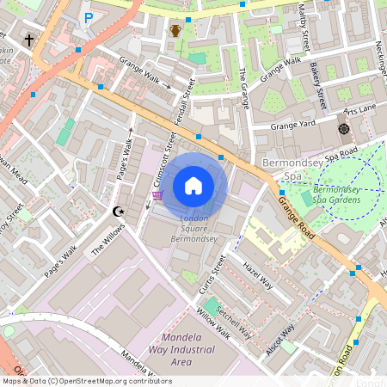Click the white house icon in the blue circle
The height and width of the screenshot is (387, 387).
point(193,186)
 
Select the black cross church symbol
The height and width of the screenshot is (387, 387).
point(29,40)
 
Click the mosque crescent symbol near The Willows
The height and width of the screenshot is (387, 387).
point(119,211)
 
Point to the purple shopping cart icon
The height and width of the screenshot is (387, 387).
point(157,195)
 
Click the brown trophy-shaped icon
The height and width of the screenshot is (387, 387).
point(175,31)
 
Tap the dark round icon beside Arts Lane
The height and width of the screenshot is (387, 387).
point(344,129)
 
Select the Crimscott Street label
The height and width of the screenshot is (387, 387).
point(157,158)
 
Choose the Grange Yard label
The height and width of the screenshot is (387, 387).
point(293,126)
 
